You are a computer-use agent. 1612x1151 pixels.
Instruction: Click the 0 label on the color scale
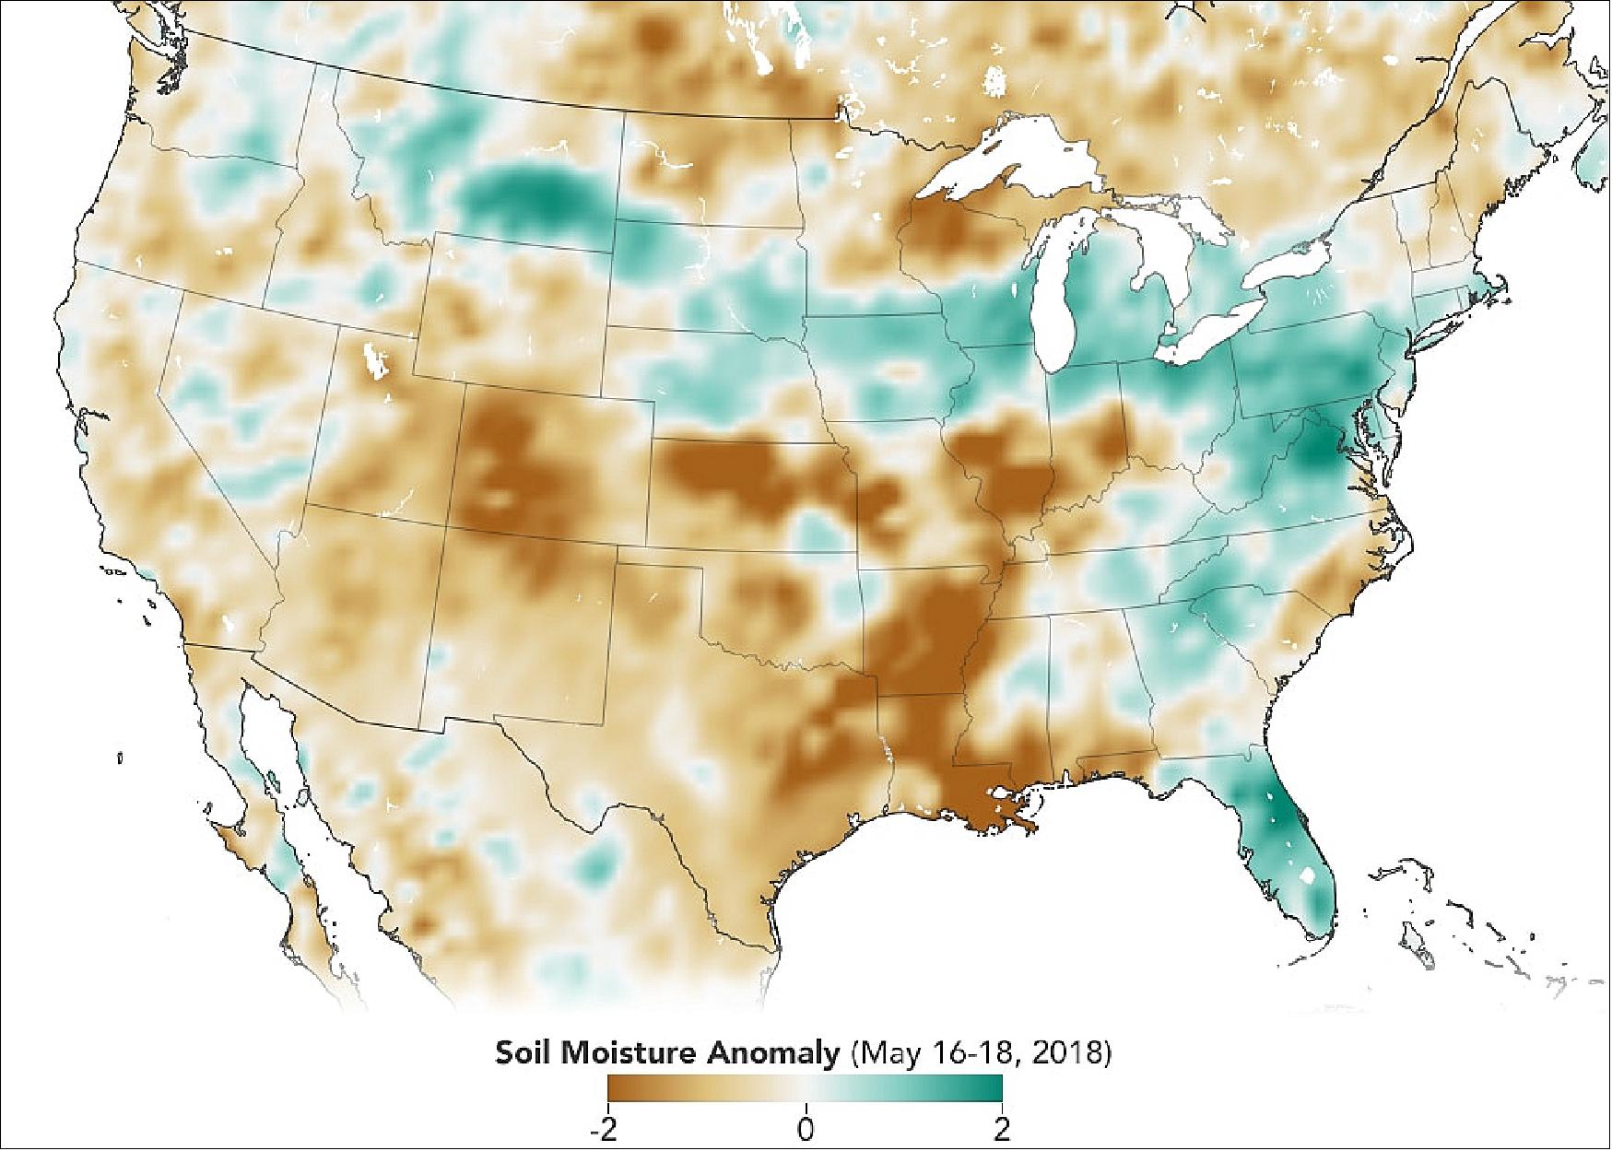(x=806, y=1129)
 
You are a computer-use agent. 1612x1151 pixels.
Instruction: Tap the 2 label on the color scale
(x=1002, y=1129)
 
